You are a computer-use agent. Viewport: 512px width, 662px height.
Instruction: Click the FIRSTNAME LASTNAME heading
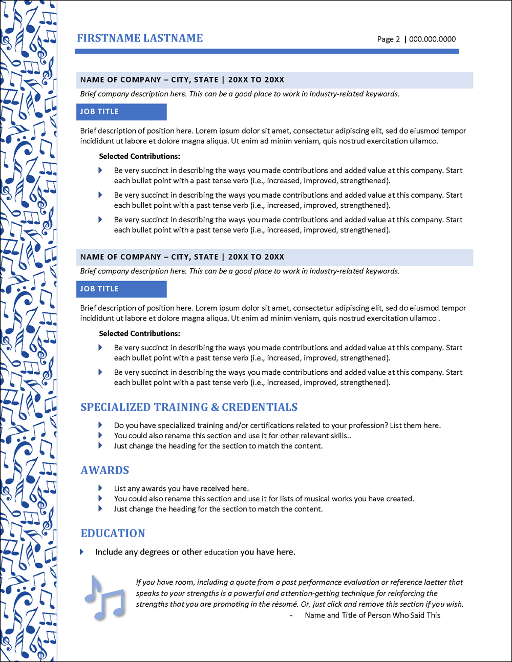(140, 38)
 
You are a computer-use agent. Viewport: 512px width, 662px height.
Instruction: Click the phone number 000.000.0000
(432, 39)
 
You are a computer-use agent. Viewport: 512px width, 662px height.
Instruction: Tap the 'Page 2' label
(388, 39)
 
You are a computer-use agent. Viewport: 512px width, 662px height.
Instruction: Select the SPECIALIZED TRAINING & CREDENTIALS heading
(189, 407)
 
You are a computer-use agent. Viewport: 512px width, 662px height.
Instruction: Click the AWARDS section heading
(105, 470)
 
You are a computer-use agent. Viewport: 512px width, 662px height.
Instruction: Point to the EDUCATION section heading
(113, 533)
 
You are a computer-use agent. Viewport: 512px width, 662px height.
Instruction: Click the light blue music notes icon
(105, 597)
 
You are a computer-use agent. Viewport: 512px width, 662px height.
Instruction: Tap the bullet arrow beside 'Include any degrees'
(82, 552)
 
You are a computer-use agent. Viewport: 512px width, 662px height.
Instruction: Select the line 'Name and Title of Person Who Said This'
(372, 615)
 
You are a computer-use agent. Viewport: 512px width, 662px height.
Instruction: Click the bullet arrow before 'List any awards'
(100, 488)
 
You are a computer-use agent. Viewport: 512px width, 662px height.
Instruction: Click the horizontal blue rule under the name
(266, 51)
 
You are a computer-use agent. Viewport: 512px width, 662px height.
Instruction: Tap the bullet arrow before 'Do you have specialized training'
(100, 425)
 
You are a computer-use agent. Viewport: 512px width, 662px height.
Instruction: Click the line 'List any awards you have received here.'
(181, 488)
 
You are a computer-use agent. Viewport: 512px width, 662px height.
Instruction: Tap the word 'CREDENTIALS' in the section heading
(260, 407)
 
